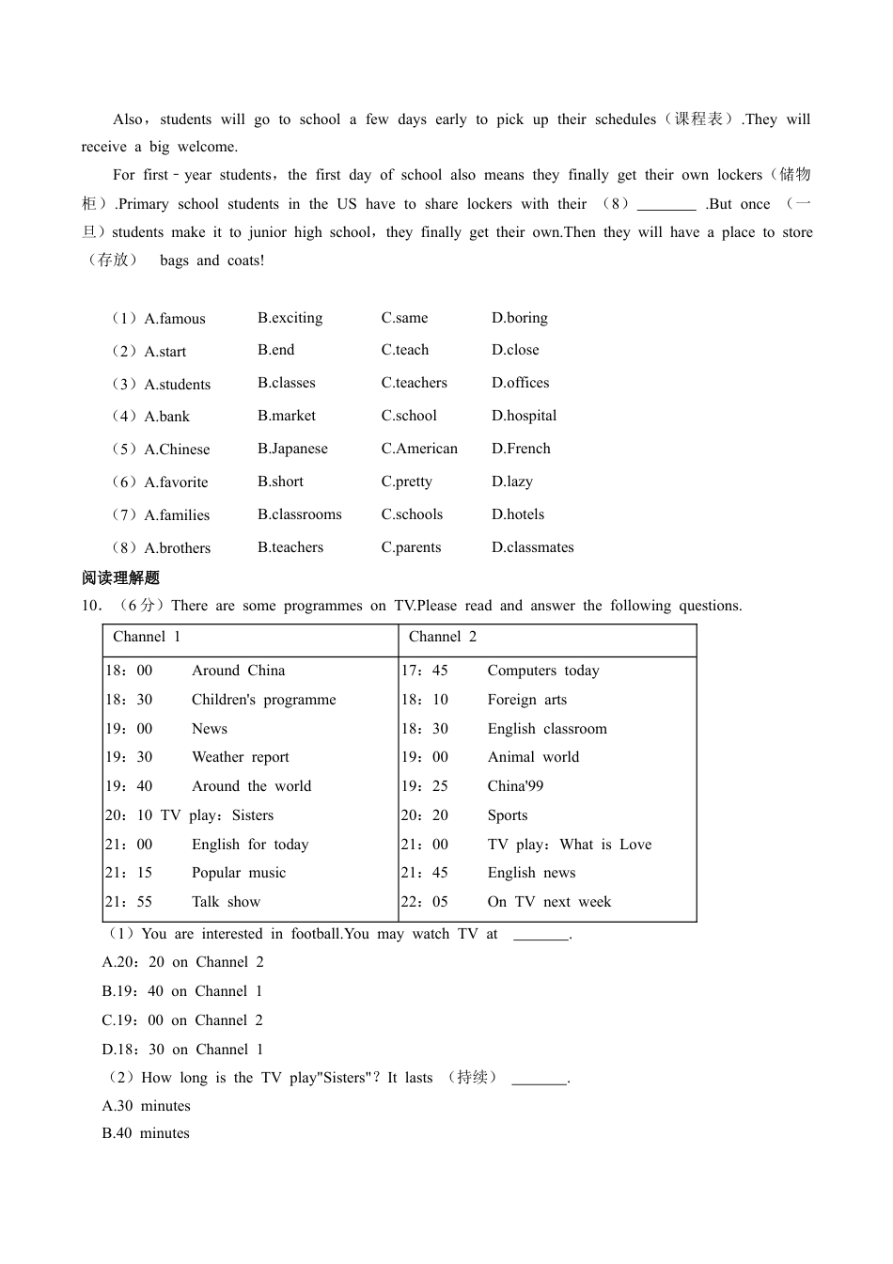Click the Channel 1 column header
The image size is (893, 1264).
click(x=147, y=637)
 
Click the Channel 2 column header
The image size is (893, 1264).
click(x=443, y=637)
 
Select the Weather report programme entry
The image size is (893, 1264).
click(x=240, y=757)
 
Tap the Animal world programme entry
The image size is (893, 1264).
click(x=533, y=757)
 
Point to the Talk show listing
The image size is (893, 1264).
click(x=226, y=902)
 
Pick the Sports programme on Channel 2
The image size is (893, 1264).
click(x=508, y=815)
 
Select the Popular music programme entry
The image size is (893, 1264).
click(x=239, y=873)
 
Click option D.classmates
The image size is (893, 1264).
click(x=532, y=547)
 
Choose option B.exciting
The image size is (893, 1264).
click(x=290, y=318)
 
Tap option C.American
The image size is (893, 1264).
click(x=419, y=449)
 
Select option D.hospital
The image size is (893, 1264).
click(x=524, y=416)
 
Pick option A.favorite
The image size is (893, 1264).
click(x=176, y=482)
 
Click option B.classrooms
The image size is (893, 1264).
click(x=299, y=514)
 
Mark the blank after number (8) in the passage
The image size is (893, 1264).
click(x=666, y=205)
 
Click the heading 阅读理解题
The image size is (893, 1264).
click(x=120, y=577)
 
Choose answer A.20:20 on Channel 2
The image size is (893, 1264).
click(x=182, y=962)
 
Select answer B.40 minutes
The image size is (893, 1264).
click(x=146, y=1133)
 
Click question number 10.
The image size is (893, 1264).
click(x=91, y=606)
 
